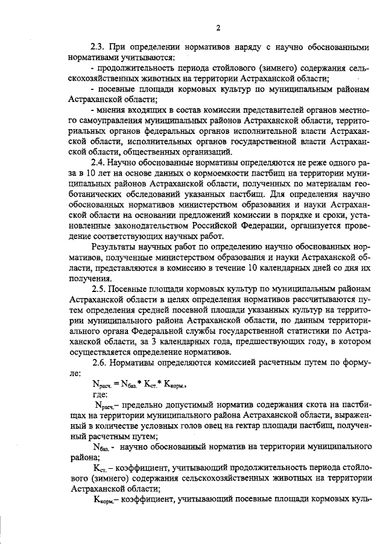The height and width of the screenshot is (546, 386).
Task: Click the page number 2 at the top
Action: click(219, 27)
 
